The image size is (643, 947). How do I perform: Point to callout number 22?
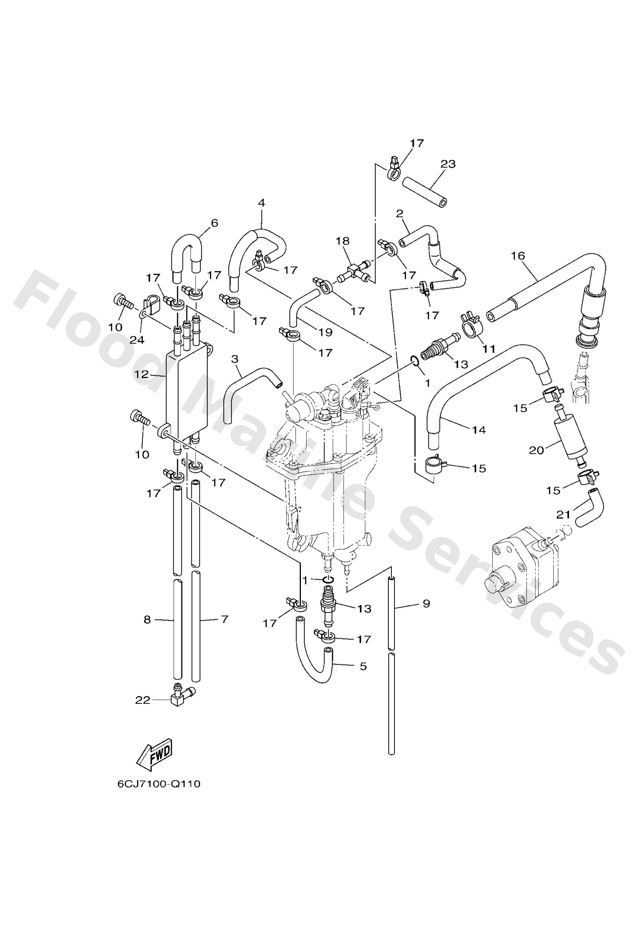tap(143, 700)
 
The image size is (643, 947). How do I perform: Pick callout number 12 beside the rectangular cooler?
tap(142, 374)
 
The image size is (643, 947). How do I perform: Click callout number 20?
tap(536, 450)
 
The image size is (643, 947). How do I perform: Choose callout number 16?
tap(518, 256)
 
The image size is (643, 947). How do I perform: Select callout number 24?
tap(137, 339)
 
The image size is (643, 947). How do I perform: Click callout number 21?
tap(563, 515)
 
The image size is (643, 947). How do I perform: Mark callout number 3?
tap(234, 359)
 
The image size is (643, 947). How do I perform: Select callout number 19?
tap(325, 332)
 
